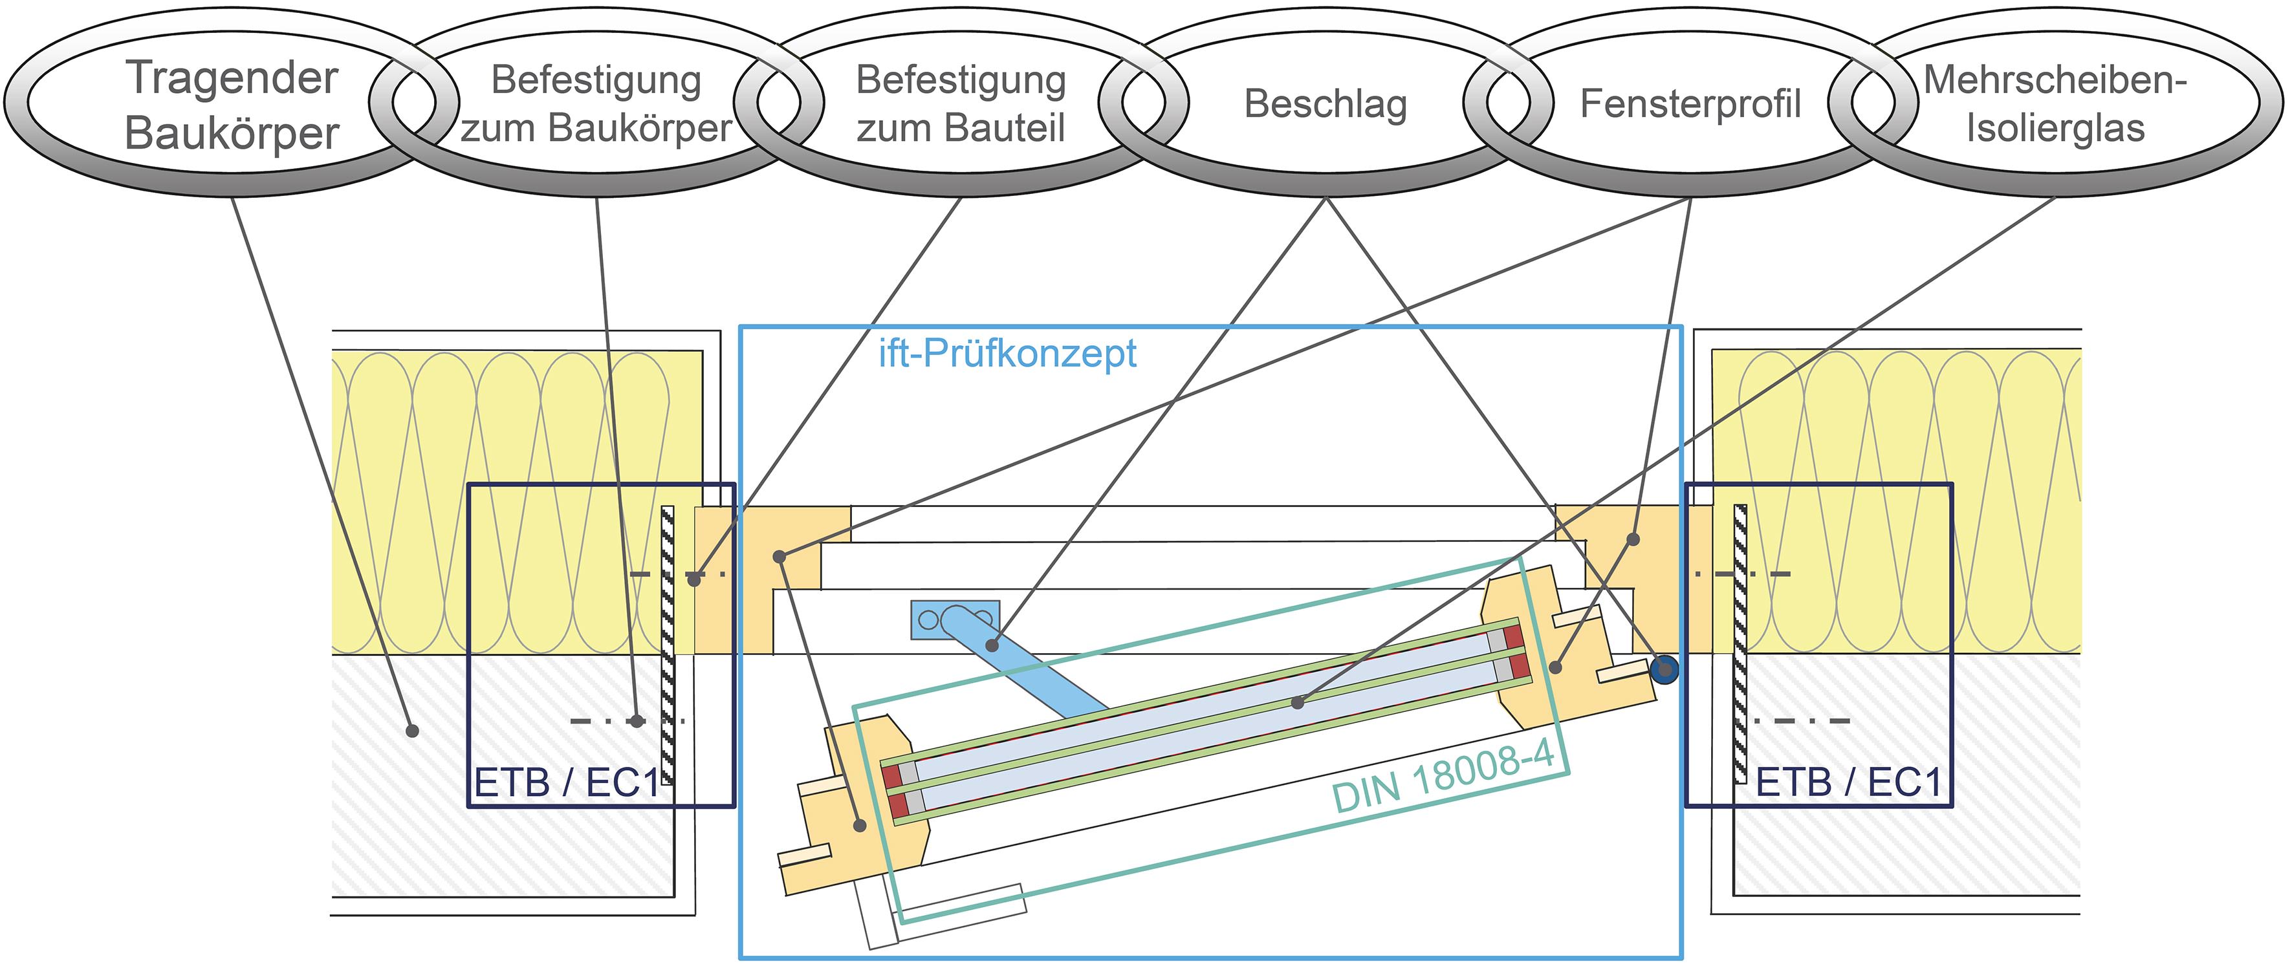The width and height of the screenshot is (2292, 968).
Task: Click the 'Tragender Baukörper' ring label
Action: coord(232,105)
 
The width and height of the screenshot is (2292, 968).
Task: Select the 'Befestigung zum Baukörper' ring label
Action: coord(596,104)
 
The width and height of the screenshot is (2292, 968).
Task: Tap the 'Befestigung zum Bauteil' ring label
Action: coord(961,104)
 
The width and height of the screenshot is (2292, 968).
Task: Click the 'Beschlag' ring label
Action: coord(1326,104)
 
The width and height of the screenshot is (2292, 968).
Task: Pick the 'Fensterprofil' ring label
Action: coord(1690,104)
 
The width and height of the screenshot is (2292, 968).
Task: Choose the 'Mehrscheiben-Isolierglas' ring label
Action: coord(2055,104)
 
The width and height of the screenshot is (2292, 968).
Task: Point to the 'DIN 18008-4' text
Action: coord(1443,777)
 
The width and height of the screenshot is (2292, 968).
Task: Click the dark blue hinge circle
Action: coord(1664,669)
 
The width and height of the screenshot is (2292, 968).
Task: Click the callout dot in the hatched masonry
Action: coord(412,731)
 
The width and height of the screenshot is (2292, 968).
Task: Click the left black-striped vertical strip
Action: coord(668,645)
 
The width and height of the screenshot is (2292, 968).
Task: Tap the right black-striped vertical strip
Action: coord(1740,645)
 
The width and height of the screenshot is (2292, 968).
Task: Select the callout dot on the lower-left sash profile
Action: coord(860,826)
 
